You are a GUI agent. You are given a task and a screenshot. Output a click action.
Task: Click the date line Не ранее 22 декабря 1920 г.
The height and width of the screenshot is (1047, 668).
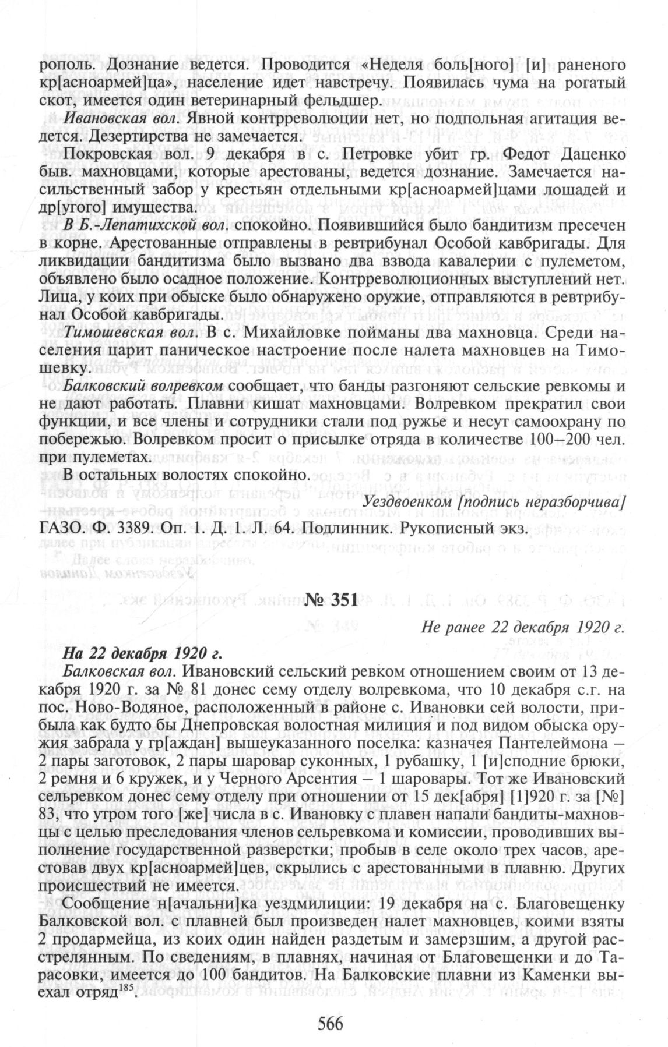click(x=522, y=629)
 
